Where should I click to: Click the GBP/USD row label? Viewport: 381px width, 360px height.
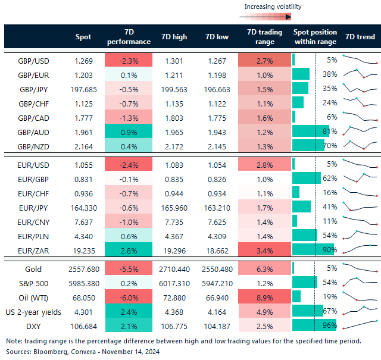(x=34, y=60)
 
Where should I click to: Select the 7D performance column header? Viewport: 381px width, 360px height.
(x=128, y=36)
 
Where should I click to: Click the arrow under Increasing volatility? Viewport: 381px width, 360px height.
(x=274, y=17)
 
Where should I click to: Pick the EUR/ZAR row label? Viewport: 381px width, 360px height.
(x=34, y=250)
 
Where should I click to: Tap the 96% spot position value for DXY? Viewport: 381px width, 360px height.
(x=330, y=325)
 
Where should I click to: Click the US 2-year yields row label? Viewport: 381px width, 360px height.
(x=34, y=311)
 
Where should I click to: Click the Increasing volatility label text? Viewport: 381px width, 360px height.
(x=273, y=7)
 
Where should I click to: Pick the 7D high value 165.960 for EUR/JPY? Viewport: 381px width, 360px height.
(x=174, y=206)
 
